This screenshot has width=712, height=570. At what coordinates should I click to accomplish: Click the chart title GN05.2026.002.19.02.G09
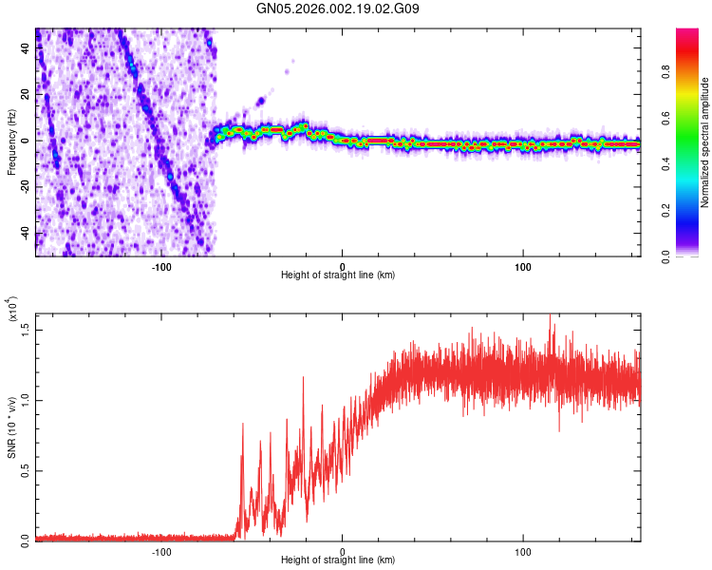339,9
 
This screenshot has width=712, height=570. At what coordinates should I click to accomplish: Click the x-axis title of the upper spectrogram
338,275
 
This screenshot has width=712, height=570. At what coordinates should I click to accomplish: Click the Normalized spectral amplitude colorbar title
705,142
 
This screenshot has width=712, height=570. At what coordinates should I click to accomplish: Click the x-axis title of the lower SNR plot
338,560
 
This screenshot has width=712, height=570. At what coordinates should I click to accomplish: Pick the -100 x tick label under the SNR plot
161,548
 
